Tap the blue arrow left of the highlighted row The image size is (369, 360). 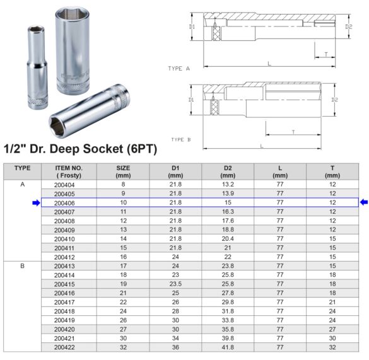pyautogui.click(x=36, y=202)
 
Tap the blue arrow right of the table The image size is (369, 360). pyautogui.click(x=363, y=202)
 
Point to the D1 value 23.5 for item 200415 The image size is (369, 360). pyautogui.click(x=175, y=284)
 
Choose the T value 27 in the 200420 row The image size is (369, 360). pyautogui.click(x=332, y=328)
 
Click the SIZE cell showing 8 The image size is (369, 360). pyautogui.click(x=123, y=184)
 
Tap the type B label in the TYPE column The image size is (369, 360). pyautogui.click(x=22, y=266)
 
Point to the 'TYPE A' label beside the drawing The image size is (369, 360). pyautogui.click(x=179, y=67)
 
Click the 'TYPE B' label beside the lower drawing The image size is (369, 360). pyautogui.click(x=180, y=139)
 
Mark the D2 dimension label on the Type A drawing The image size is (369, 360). pyautogui.click(x=348, y=26)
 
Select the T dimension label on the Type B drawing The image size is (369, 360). pyautogui.click(x=294, y=131)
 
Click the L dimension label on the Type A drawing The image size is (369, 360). pyautogui.click(x=269, y=64)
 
